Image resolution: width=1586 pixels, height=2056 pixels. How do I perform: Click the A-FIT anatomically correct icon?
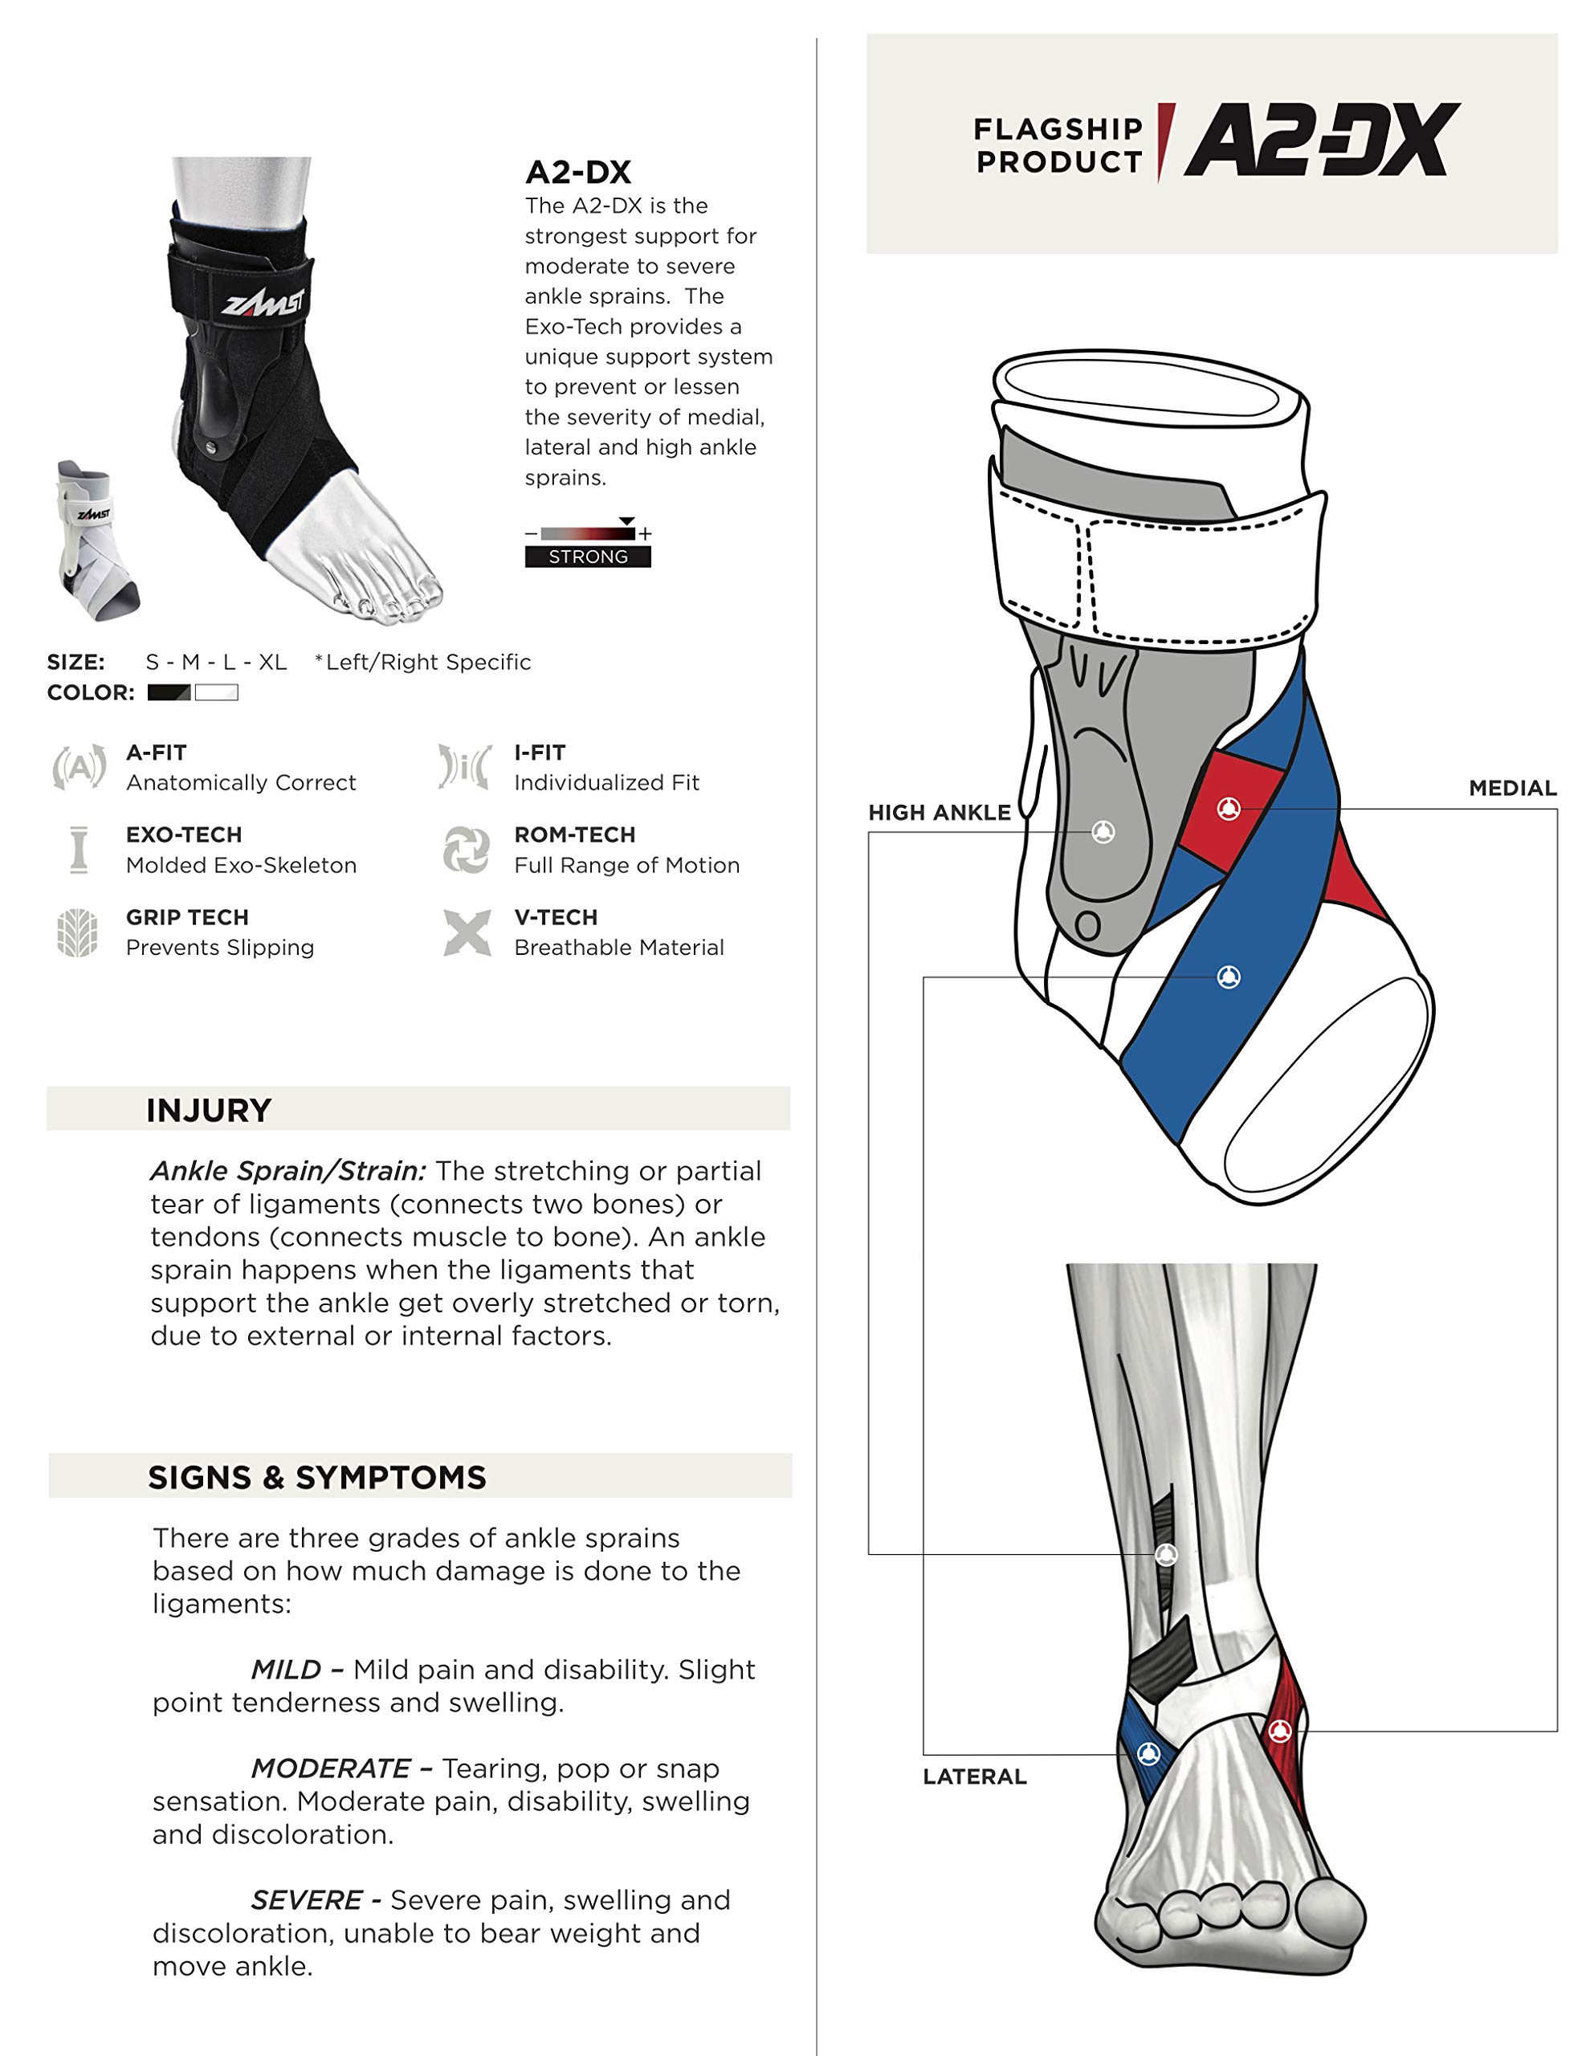pyautogui.click(x=79, y=767)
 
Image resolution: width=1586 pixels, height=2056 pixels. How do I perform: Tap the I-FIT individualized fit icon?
pyautogui.click(x=464, y=766)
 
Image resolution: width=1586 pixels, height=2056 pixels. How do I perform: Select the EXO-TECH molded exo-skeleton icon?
pyautogui.click(x=79, y=849)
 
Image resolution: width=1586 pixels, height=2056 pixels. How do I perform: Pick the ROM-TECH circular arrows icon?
pyautogui.click(x=466, y=849)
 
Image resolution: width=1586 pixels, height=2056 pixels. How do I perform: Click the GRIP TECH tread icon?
pyautogui.click(x=77, y=932)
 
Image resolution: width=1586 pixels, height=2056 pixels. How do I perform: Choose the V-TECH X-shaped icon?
pyautogui.click(x=467, y=932)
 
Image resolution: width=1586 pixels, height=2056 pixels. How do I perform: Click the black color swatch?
pyautogui.click(x=169, y=693)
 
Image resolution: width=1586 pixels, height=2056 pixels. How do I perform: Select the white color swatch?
pyautogui.click(x=217, y=693)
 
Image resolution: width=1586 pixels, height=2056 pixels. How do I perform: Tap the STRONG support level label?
pyautogui.click(x=587, y=557)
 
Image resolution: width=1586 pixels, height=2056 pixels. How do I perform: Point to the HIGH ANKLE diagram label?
pyautogui.click(x=939, y=813)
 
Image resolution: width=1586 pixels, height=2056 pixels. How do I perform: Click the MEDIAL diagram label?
pyautogui.click(x=1511, y=788)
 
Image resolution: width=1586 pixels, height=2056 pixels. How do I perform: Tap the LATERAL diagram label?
pyautogui.click(x=974, y=1777)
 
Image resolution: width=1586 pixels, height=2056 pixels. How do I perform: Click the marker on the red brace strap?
pyautogui.click(x=1229, y=809)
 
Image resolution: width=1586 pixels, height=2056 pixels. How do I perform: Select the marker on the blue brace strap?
pyautogui.click(x=1229, y=977)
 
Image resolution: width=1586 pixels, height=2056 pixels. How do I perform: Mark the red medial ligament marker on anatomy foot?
pyautogui.click(x=1279, y=1730)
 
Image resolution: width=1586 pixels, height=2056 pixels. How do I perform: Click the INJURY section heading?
pyautogui.click(x=209, y=1110)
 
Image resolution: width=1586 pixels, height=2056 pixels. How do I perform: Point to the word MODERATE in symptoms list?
pyautogui.click(x=330, y=1768)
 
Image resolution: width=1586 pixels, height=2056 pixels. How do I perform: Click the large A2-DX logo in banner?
pyautogui.click(x=1322, y=141)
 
